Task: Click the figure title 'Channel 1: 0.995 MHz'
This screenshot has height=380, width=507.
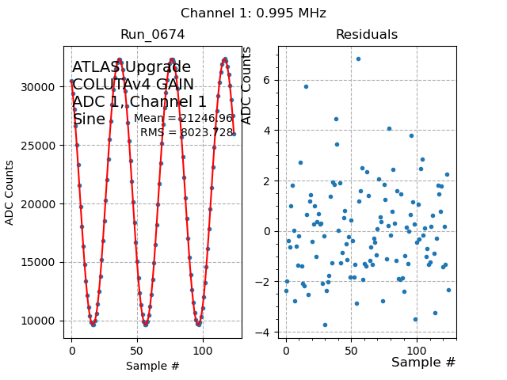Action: click(253, 13)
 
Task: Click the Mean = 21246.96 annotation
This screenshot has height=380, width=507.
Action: click(184, 119)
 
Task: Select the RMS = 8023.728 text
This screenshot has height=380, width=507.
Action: click(187, 133)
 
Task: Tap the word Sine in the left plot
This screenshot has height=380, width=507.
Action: click(88, 120)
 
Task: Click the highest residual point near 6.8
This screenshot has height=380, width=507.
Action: click(358, 59)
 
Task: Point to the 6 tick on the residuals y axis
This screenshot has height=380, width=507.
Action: click(267, 80)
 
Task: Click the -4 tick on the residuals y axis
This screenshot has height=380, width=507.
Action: click(264, 332)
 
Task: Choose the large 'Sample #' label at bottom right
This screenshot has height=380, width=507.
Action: click(423, 363)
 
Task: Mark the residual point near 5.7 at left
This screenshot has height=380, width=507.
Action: click(306, 86)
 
